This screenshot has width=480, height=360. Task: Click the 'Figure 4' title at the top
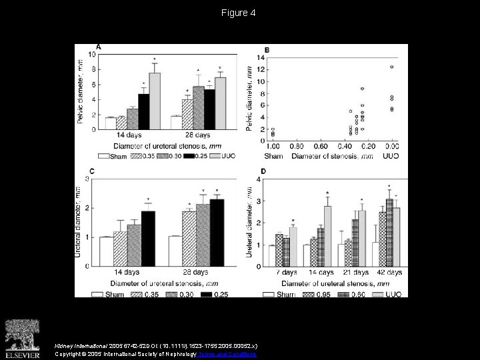pyautogui.click(x=240, y=13)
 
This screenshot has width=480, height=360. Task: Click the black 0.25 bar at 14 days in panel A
pyautogui.click(x=143, y=106)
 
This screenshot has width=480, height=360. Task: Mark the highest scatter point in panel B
pyautogui.click(x=391, y=67)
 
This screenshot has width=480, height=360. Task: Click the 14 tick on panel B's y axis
pyautogui.click(x=261, y=58)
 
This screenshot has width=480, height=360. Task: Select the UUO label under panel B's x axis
pyautogui.click(x=393, y=155)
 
